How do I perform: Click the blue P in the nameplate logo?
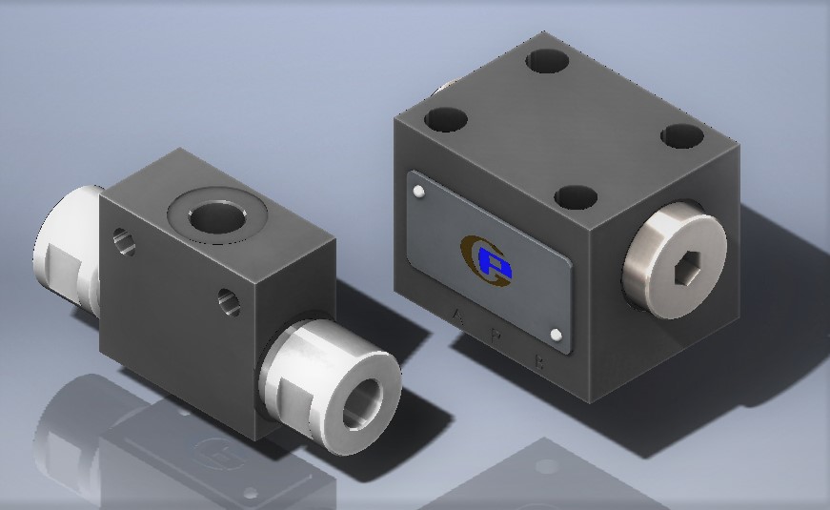[x=494, y=260]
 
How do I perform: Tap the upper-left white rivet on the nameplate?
[x=419, y=194]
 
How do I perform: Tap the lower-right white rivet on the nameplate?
[x=557, y=334]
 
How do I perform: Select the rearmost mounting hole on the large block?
[x=547, y=61]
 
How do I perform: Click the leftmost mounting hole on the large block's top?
[x=446, y=120]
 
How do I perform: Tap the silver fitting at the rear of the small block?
[x=67, y=247]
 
